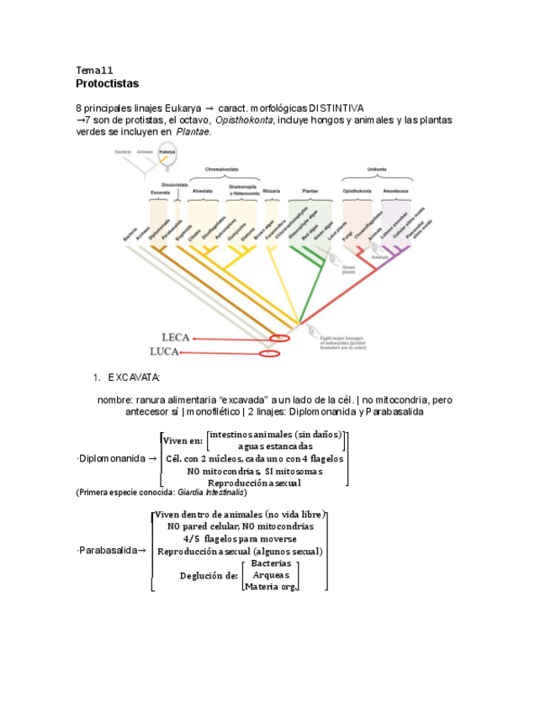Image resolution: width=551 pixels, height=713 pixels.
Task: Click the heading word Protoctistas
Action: coord(107,84)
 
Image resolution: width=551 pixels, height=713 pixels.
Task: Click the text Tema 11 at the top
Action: coord(94,70)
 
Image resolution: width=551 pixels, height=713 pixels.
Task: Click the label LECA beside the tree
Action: coord(175,337)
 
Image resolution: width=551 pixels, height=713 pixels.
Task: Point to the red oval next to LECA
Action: coord(279,338)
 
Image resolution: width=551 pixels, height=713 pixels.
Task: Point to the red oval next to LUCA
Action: coord(269,354)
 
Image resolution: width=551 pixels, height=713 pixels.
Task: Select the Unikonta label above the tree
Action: coord(376,169)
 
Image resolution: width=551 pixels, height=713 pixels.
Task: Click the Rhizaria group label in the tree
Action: coord(272,192)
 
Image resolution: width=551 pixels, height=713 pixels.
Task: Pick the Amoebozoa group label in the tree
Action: coord(395,192)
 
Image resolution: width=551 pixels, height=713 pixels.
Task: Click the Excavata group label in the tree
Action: coord(160,193)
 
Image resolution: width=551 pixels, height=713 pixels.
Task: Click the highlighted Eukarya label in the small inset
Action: coord(167,151)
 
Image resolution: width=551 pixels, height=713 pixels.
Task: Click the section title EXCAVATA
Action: coord(134,377)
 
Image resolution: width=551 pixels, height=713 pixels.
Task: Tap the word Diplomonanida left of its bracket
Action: coord(110,458)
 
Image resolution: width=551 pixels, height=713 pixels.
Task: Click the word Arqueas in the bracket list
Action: coord(271,574)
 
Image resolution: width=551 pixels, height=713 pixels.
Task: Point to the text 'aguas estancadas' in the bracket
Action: coord(275,446)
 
